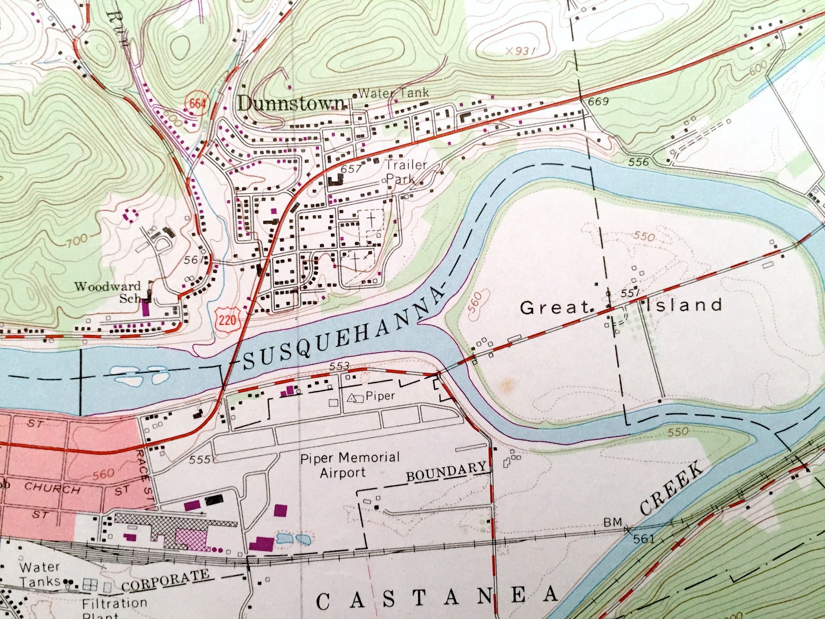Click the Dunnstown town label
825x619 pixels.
pos(291,103)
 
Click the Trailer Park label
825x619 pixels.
pos(405,172)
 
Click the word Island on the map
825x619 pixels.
pos(685,305)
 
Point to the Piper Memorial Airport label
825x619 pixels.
pos(350,465)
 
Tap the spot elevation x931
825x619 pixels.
pos(520,50)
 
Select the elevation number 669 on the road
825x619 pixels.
pos(598,102)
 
